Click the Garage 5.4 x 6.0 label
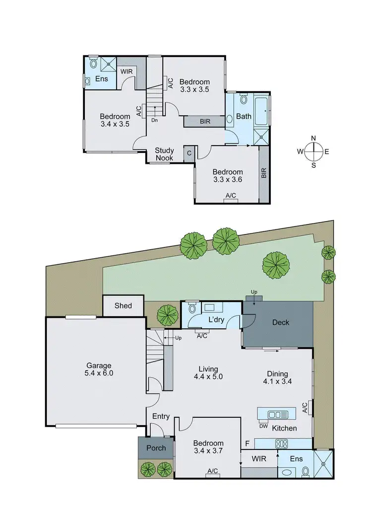[98, 369]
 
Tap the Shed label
[123, 305]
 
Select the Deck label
[281, 322]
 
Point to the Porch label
[156, 448]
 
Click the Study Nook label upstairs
[164, 154]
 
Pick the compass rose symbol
[313, 151]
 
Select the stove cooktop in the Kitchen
[282, 444]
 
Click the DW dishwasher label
[263, 426]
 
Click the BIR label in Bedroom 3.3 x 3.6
[264, 173]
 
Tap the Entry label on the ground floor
[161, 416]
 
